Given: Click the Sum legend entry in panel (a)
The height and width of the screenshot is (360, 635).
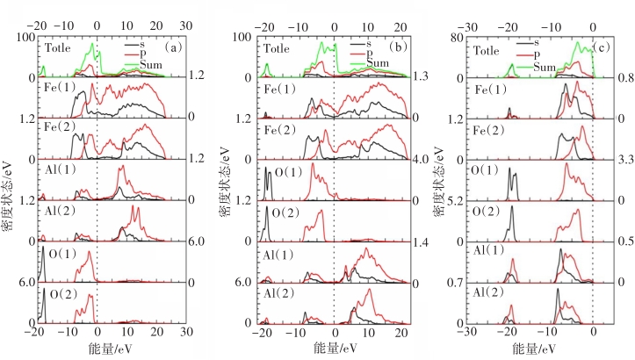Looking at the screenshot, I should click(145, 64).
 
